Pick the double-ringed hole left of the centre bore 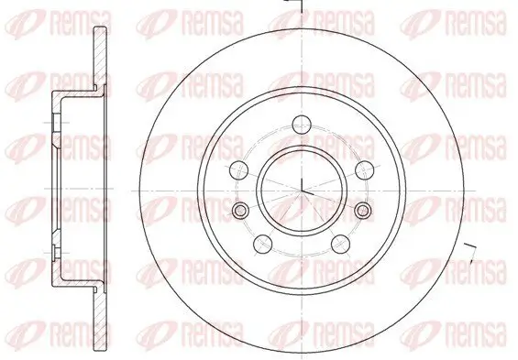pyautogui.click(x=240, y=213)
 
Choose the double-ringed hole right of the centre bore pyautogui.click(x=365, y=213)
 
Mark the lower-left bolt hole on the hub pyautogui.click(x=263, y=242)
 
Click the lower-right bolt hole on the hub pyautogui.click(x=342, y=242)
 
